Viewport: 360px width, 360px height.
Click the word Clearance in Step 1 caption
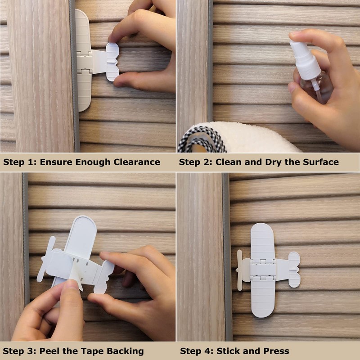[135, 162]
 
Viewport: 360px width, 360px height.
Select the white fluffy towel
[252, 137]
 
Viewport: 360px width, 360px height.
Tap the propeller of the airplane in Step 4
[240, 270]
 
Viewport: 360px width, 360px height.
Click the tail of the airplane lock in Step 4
[294, 270]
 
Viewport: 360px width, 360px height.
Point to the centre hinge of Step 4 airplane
[263, 270]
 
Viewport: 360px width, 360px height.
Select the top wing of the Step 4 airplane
[262, 241]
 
